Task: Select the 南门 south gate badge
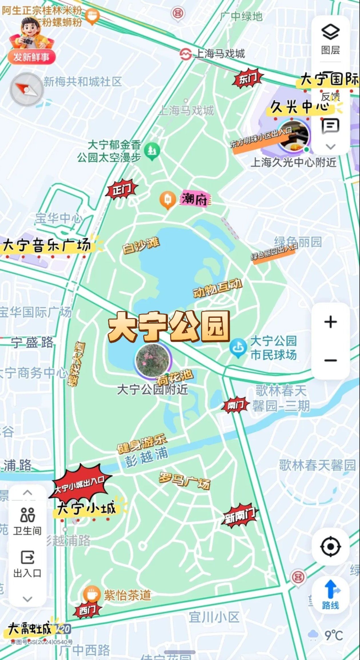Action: click(235, 405)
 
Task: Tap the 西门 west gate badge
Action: click(88, 610)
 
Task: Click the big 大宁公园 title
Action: click(169, 326)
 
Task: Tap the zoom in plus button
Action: click(331, 322)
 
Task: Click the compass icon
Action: click(27, 89)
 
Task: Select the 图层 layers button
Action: click(331, 39)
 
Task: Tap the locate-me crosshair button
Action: click(331, 547)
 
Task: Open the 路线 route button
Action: click(331, 595)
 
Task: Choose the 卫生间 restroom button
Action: click(27, 521)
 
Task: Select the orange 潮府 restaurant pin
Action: click(167, 200)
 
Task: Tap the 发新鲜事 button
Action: click(31, 57)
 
